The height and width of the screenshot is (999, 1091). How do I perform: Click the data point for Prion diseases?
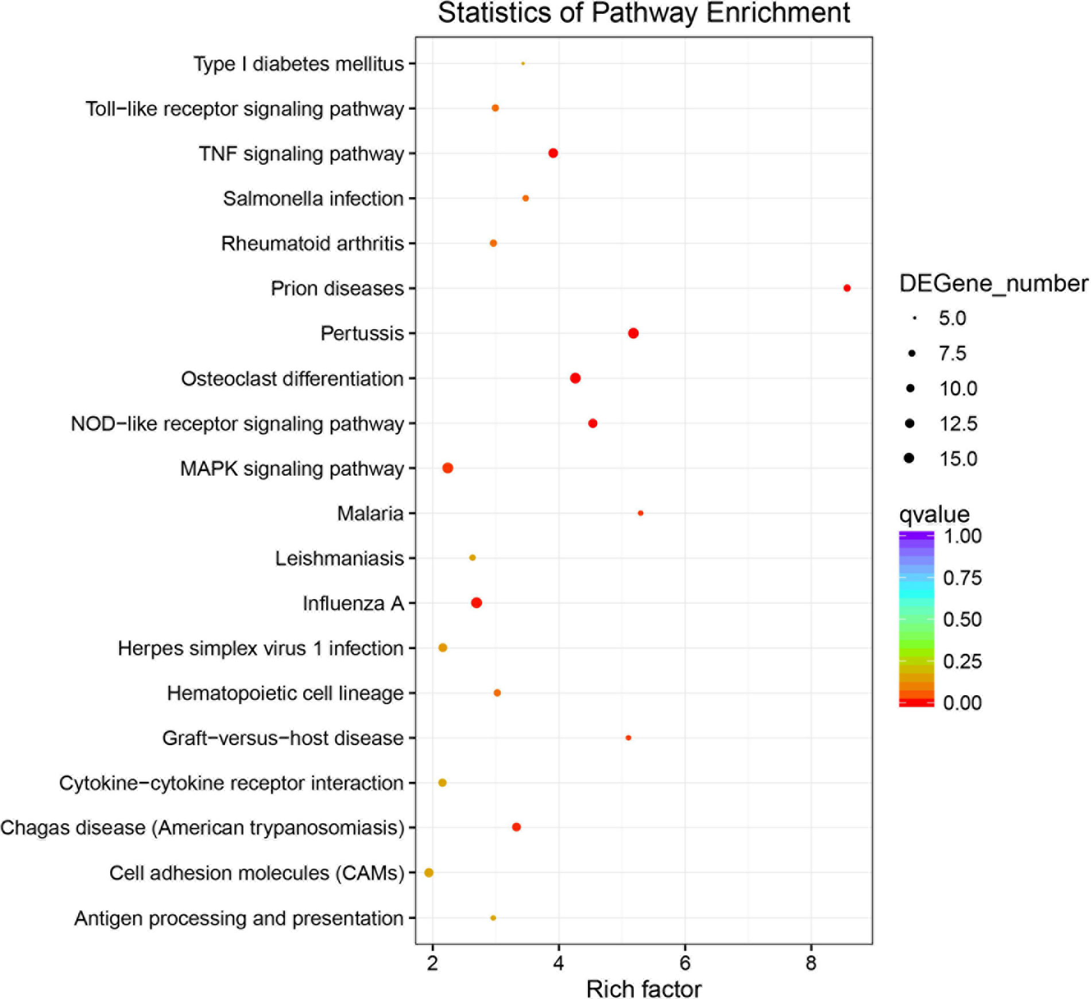pyautogui.click(x=847, y=288)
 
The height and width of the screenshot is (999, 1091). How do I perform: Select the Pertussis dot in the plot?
pyautogui.click(x=633, y=333)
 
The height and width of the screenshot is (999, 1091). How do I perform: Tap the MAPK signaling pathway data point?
pyautogui.click(x=448, y=468)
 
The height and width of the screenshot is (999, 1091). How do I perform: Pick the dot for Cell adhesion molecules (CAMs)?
pyautogui.click(x=428, y=873)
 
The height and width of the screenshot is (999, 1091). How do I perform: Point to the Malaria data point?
pyautogui.click(x=641, y=513)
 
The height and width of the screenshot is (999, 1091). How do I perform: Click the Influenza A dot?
pyautogui.click(x=477, y=603)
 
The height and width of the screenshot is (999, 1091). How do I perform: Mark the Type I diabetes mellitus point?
pyautogui.click(x=523, y=63)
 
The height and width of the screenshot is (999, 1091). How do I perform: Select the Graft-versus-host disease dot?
pyautogui.click(x=628, y=738)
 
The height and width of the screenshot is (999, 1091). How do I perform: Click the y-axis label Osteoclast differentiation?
pyautogui.click(x=292, y=379)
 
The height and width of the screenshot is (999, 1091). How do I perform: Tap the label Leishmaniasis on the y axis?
pyautogui.click(x=339, y=558)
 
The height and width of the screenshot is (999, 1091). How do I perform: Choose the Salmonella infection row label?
pyautogui.click(x=313, y=199)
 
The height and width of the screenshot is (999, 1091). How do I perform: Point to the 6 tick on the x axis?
pyautogui.click(x=684, y=963)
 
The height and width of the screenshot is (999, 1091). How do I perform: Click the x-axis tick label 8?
pyautogui.click(x=811, y=963)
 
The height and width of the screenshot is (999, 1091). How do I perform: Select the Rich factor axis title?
pyautogui.click(x=644, y=989)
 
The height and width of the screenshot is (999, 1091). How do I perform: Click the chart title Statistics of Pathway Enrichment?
pyautogui.click(x=644, y=13)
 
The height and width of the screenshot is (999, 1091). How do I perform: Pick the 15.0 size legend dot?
pyautogui.click(x=909, y=458)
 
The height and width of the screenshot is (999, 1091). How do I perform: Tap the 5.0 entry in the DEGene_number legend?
pyautogui.click(x=952, y=318)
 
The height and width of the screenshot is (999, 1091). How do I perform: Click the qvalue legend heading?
pyautogui.click(x=934, y=514)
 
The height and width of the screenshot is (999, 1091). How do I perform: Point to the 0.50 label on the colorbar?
pyautogui.click(x=962, y=619)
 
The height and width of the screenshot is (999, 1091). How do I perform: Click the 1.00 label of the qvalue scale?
pyautogui.click(x=962, y=536)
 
